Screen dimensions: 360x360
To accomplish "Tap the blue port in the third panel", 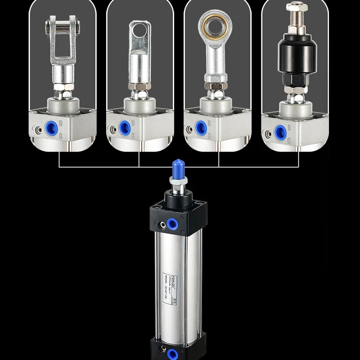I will pyautogui.click(x=201, y=127).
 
